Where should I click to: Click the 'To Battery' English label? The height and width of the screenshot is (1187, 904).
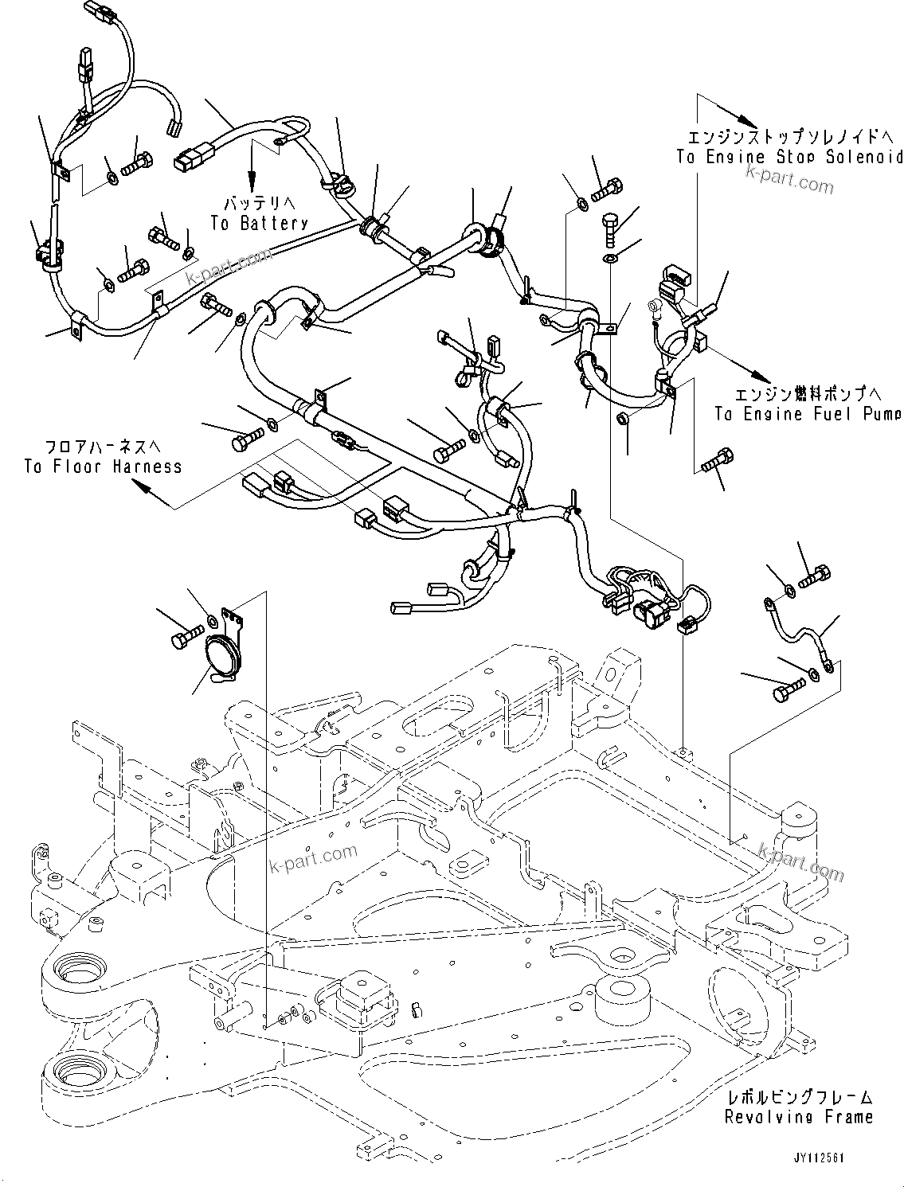tap(258, 224)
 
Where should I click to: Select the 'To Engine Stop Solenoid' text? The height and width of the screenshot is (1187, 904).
tap(789, 157)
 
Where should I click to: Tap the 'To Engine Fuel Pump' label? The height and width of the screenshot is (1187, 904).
tap(808, 414)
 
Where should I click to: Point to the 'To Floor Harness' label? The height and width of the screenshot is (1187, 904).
tap(103, 467)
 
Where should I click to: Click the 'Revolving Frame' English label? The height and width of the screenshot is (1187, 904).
tap(798, 1118)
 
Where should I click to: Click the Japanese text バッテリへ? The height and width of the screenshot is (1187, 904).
tap(258, 204)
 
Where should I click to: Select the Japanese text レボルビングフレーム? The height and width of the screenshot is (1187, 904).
tap(798, 1098)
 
